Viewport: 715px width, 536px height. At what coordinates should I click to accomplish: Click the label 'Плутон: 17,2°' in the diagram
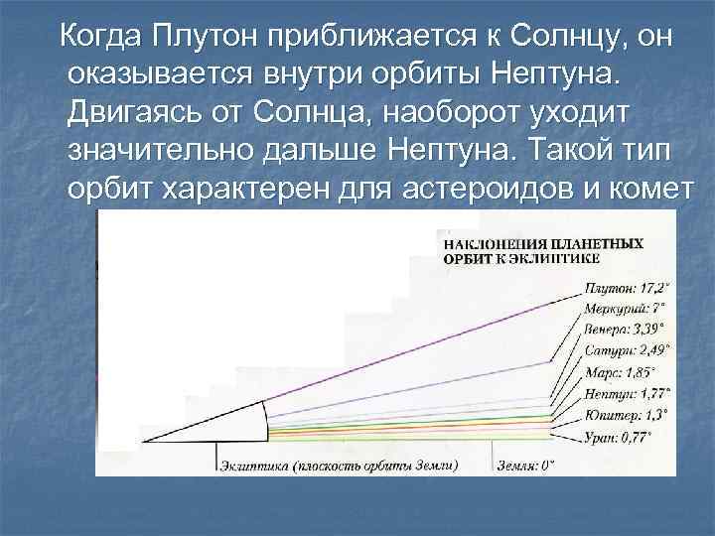pos(625,288)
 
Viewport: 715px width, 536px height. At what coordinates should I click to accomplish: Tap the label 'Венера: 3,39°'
pos(624,328)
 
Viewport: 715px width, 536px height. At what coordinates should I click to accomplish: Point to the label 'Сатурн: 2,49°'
pos(627,349)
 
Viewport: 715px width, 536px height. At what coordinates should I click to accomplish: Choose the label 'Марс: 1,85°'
pos(619,372)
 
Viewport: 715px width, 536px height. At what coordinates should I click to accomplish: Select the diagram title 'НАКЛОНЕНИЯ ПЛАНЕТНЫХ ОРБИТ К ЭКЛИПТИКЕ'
pos(541,250)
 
